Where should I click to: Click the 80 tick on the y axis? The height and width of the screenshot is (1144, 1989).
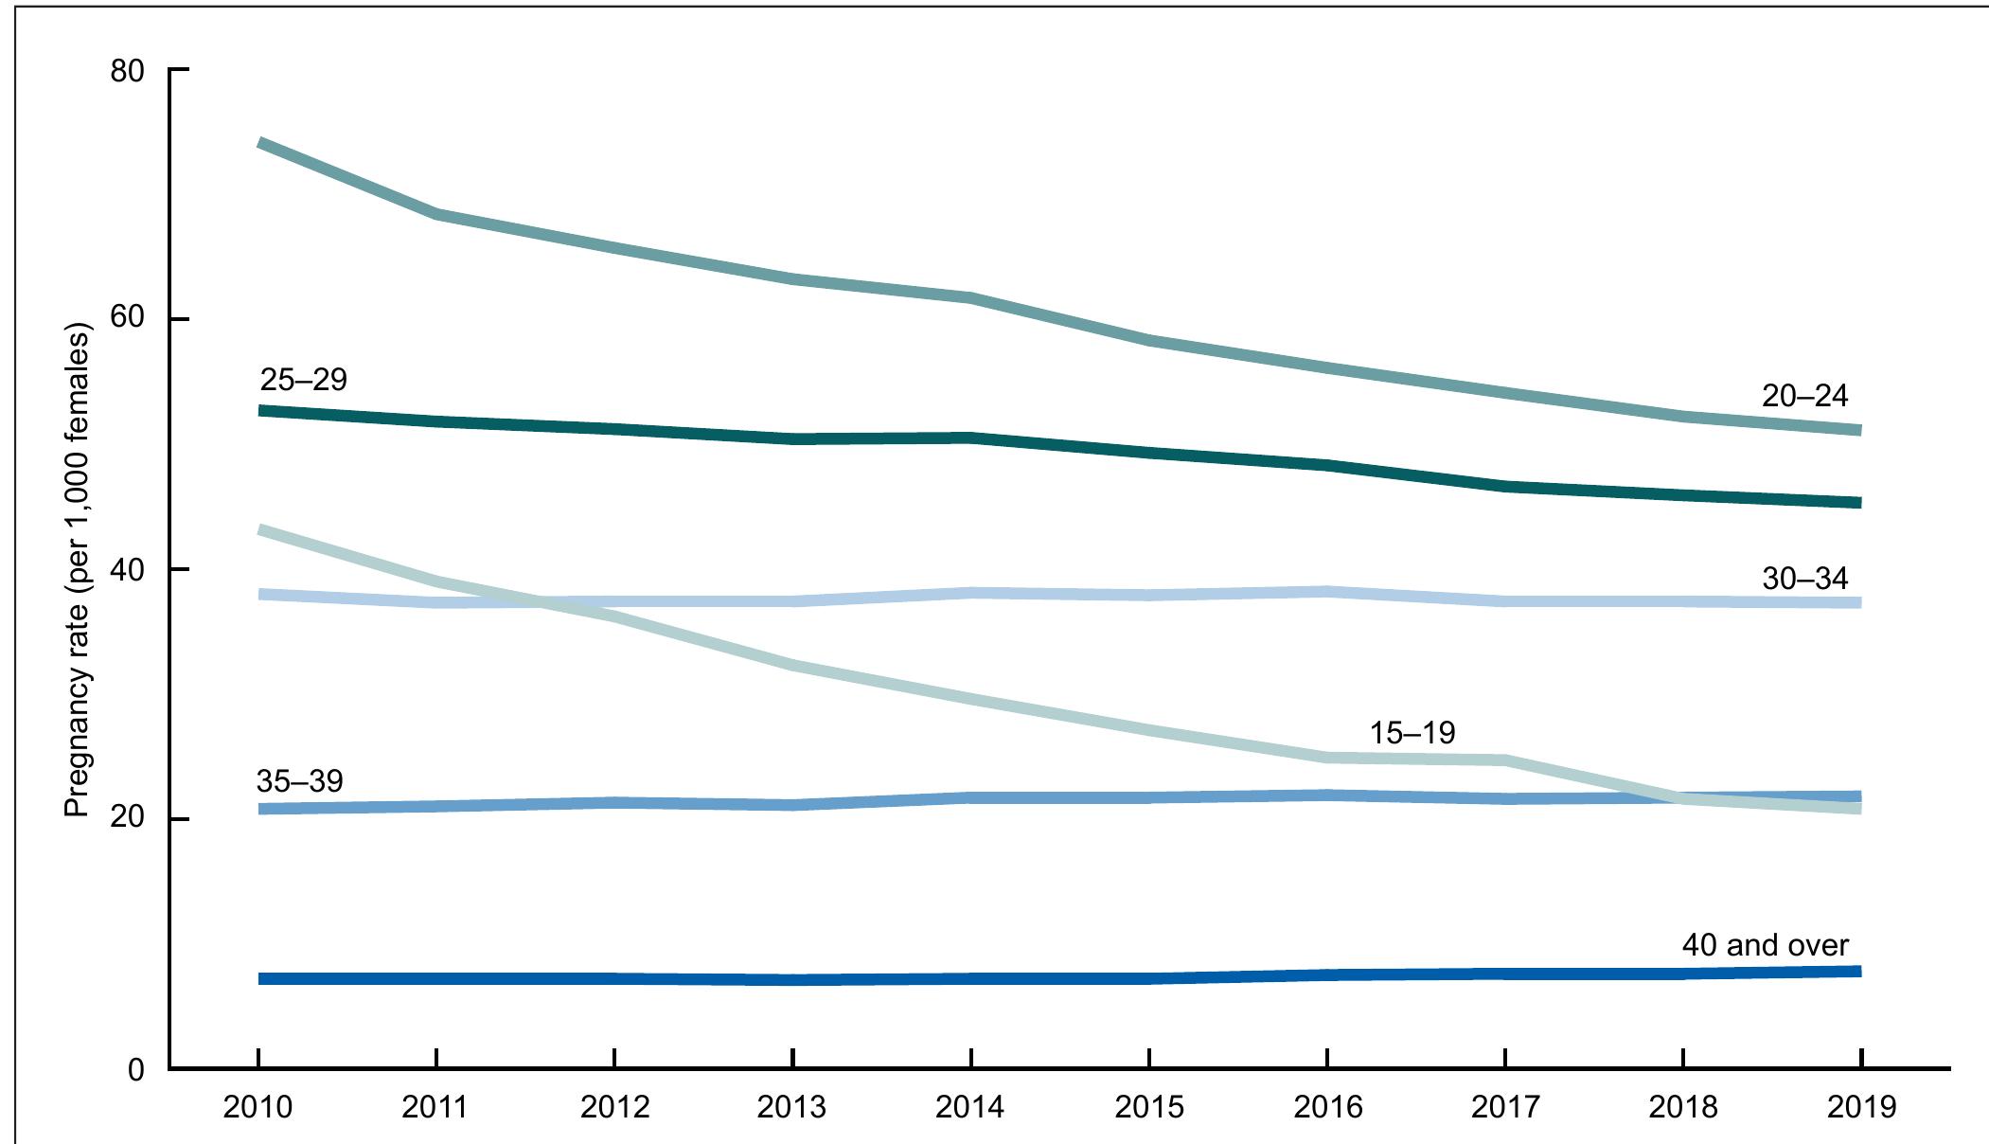tap(129, 71)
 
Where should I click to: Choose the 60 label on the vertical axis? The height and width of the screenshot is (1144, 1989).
tap(129, 321)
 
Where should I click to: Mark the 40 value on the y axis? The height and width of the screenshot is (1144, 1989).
tap(129, 570)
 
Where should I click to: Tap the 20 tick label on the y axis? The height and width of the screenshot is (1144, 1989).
tap(129, 820)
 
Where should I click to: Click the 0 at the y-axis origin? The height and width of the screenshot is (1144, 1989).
tap(138, 1070)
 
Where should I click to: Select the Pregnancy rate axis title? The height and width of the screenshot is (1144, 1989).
tap(78, 573)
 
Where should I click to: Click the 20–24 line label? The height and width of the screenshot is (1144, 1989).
tap(1804, 395)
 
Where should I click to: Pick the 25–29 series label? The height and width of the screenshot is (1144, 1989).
tap(303, 380)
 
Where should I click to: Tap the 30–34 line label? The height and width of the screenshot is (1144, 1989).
tap(1804, 578)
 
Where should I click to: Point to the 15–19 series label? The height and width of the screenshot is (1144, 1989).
tap(1412, 732)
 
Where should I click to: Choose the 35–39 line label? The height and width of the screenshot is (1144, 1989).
tap(299, 781)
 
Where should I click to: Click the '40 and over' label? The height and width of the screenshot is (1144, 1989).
tap(1765, 944)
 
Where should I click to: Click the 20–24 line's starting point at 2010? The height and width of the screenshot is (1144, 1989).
tap(259, 143)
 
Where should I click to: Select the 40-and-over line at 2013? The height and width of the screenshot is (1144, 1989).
tap(792, 979)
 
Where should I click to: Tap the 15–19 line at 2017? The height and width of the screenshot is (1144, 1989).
tap(1504, 760)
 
